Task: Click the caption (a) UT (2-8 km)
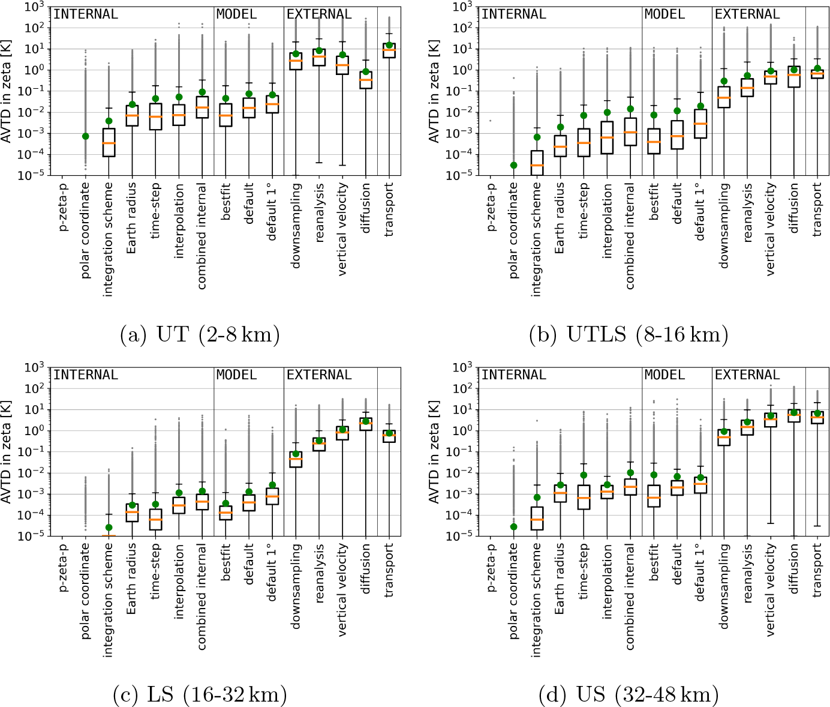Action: tap(200, 334)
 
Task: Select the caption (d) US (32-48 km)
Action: tap(628, 695)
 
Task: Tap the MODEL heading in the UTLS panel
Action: tap(664, 14)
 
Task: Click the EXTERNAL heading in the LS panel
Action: tap(319, 375)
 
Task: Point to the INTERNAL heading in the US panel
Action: tap(514, 375)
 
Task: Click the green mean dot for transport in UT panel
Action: tap(389, 45)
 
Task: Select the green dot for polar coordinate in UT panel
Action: tap(86, 136)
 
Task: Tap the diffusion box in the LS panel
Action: tap(366, 424)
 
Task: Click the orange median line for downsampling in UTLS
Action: tap(724, 98)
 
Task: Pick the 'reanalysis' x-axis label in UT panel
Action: tap(320, 212)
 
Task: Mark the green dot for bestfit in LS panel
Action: tap(225, 504)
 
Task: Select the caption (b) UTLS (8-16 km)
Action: tap(628, 334)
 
